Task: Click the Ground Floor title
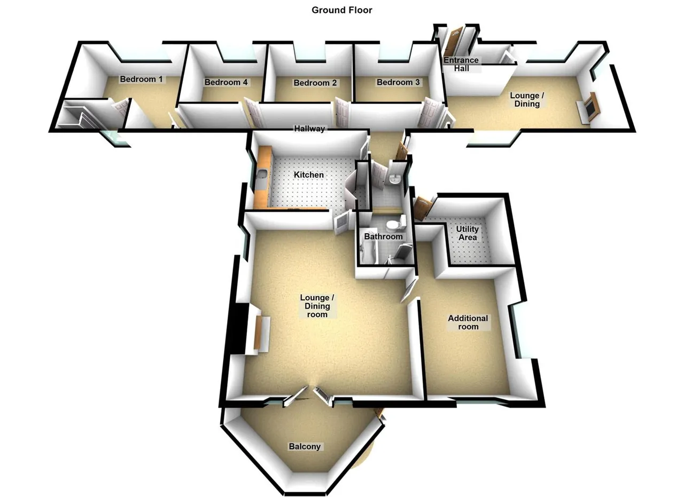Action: (x=341, y=10)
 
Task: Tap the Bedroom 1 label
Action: (x=141, y=80)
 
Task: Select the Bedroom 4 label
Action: (x=226, y=82)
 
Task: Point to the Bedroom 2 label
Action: (x=315, y=83)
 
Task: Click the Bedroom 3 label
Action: (x=398, y=82)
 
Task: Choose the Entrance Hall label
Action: (x=461, y=65)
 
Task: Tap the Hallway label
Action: (x=309, y=129)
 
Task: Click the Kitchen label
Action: (x=309, y=175)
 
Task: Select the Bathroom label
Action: (x=383, y=236)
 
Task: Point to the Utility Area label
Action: (x=468, y=233)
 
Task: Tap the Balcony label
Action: (x=305, y=447)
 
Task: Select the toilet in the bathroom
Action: (x=395, y=224)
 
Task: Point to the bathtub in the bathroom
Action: (x=367, y=250)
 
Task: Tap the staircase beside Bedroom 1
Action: (x=78, y=116)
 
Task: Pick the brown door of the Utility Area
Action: (x=422, y=209)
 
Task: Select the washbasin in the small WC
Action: (x=394, y=179)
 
